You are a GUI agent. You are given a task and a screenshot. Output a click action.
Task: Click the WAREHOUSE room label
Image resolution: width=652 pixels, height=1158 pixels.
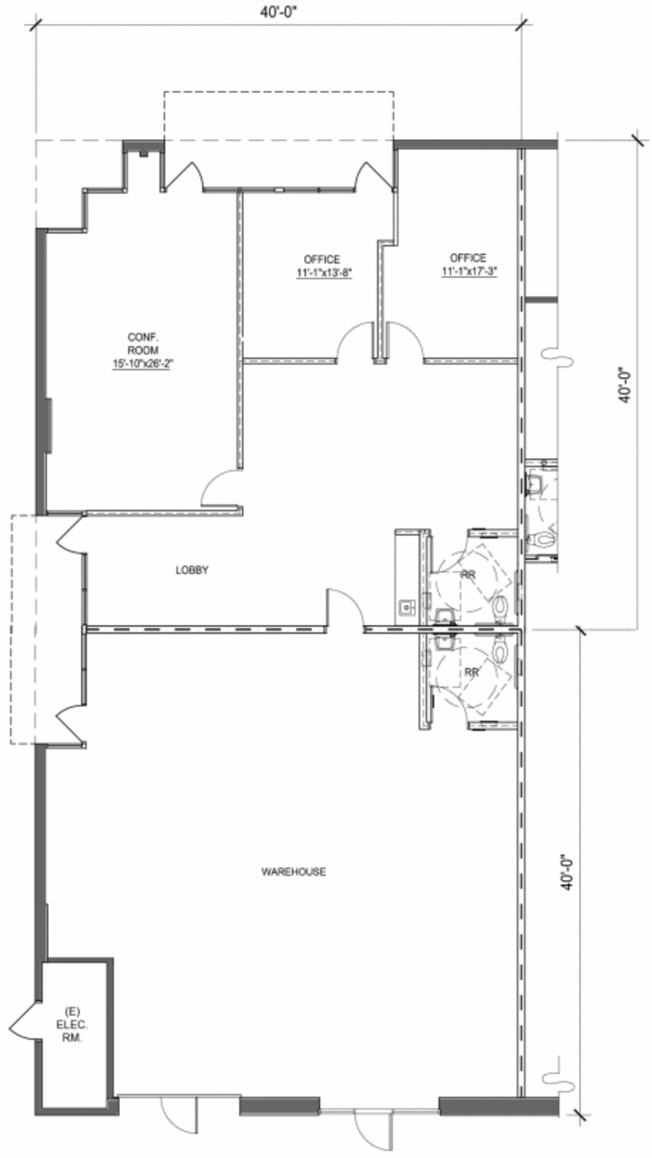coord(293,872)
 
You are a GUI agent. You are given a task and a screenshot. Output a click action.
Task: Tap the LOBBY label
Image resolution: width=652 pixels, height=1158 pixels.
coord(192,570)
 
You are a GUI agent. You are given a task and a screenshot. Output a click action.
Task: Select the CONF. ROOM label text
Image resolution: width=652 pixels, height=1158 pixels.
coord(143,344)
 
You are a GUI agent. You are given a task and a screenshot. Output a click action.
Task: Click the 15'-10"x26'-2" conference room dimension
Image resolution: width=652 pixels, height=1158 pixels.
coord(143,363)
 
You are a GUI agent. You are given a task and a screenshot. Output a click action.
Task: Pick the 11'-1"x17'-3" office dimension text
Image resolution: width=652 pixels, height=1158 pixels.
coord(469,271)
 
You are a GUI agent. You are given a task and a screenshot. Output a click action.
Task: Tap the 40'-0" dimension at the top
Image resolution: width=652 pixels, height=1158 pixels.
coord(280,12)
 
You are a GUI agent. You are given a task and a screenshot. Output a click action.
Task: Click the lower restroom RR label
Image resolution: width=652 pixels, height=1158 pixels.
coord(472,672)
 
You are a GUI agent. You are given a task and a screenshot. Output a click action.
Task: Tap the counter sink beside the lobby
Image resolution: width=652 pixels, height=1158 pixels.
coord(407,607)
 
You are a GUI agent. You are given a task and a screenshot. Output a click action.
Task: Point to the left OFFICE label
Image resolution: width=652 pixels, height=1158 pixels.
coord(322,260)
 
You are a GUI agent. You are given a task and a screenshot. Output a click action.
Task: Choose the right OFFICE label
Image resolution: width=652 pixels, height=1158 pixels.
coord(468,258)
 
